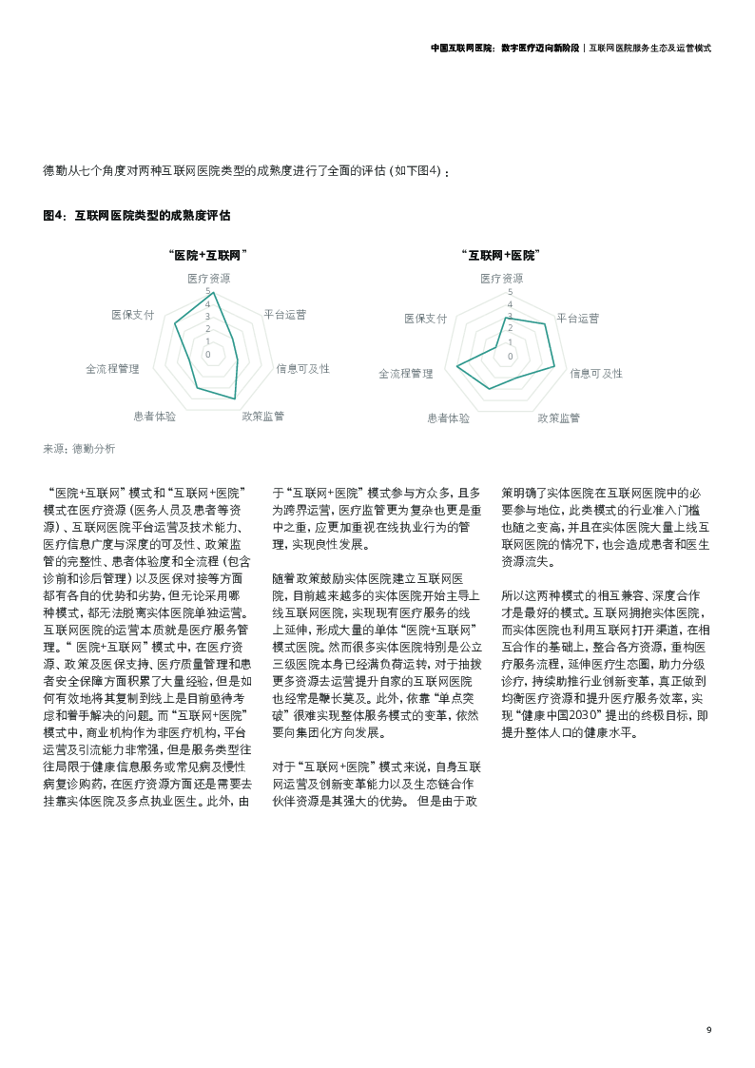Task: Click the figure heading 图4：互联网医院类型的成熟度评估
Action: pyautogui.click(x=137, y=216)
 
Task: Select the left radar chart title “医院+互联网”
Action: pyautogui.click(x=207, y=255)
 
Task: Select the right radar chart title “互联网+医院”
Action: pyautogui.click(x=500, y=255)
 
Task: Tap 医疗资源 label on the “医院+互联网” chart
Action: pyautogui.click(x=208, y=279)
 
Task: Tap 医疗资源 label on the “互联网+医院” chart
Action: pyautogui.click(x=501, y=279)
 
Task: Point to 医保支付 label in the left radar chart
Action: pyautogui.click(x=132, y=314)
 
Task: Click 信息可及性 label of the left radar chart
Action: pyautogui.click(x=302, y=368)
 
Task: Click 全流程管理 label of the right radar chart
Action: pyautogui.click(x=405, y=374)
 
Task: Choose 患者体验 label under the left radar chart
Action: pyautogui.click(x=155, y=416)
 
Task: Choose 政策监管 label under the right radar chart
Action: pyautogui.click(x=558, y=417)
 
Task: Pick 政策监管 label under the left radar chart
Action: pyautogui.click(x=262, y=416)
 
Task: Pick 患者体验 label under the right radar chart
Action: pyautogui.click(x=448, y=417)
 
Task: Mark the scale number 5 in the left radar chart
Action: pyautogui.click(x=208, y=291)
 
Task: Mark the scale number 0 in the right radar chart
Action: pyautogui.click(x=510, y=357)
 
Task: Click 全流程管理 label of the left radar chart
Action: pyautogui.click(x=112, y=368)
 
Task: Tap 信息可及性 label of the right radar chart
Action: pyautogui.click(x=596, y=374)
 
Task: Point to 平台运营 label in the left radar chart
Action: pyautogui.click(x=284, y=314)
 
